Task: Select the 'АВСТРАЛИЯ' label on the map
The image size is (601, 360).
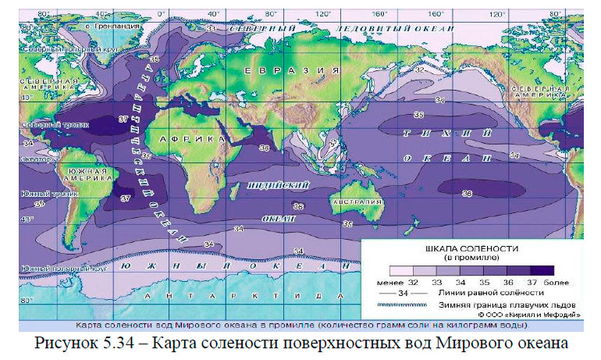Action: coord(356,201)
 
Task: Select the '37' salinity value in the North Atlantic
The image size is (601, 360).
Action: coord(123,119)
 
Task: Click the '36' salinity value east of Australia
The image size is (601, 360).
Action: coord(467,193)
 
